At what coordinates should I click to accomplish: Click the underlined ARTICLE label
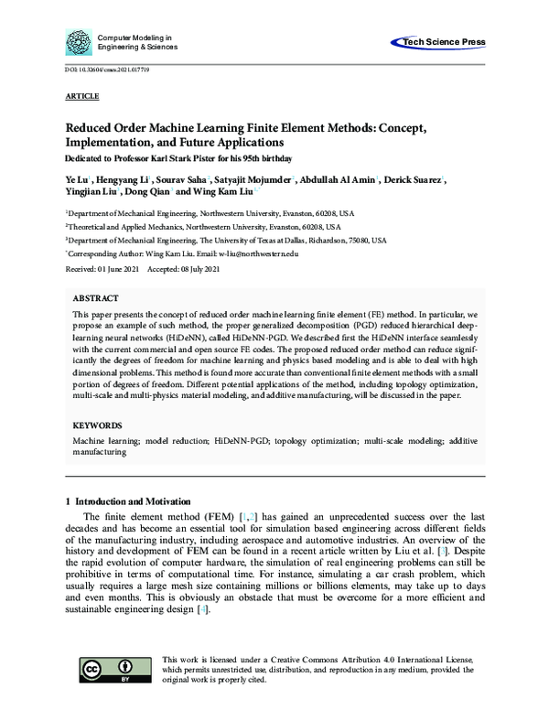pos(82,95)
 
